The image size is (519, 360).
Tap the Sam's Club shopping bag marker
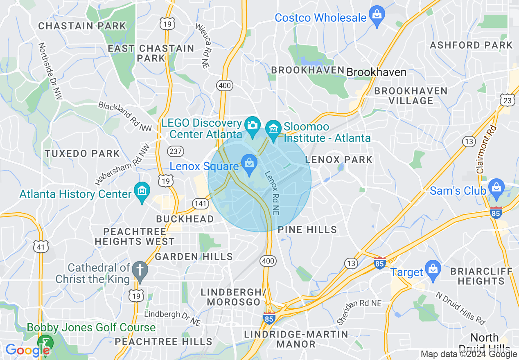coord(496,188)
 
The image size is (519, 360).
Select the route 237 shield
coord(175,151)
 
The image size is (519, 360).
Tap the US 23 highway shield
coord(507,100)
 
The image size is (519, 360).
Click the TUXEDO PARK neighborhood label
coord(82,154)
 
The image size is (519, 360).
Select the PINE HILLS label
coord(307,230)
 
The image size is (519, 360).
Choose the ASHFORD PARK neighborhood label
coord(471,45)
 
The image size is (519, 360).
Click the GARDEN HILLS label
coord(194,257)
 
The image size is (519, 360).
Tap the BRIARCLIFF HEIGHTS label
coord(481,276)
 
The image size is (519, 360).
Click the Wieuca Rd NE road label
coord(203,45)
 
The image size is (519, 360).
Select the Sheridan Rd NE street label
coord(359,312)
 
